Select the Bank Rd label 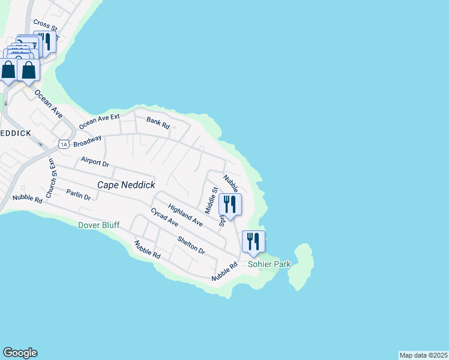(158, 122)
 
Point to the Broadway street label (88, 142)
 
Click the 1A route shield (64, 144)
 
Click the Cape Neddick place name (126, 185)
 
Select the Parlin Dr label (78, 195)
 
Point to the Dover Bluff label (98, 225)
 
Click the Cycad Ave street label (164, 217)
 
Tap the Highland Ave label (185, 215)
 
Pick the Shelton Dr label (191, 245)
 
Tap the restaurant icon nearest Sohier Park (253, 242)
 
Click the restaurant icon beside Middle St (230, 205)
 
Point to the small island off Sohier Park (301, 267)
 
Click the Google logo (20, 353)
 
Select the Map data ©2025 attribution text (423, 355)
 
